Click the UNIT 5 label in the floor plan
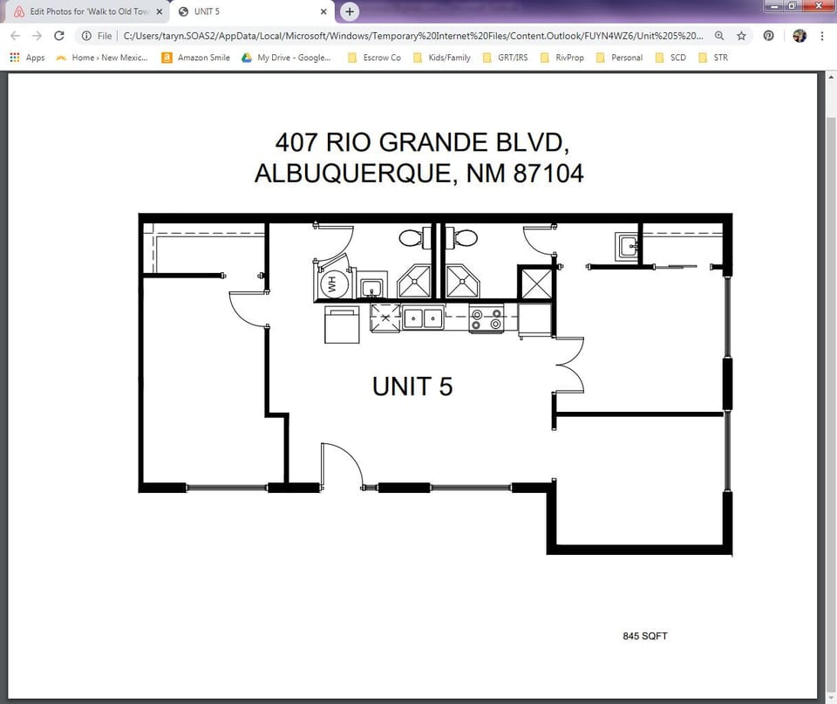coord(412,386)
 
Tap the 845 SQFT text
coord(645,636)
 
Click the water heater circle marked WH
coord(331,284)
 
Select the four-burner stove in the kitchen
coord(486,318)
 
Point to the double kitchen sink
coord(423,318)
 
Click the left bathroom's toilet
coord(412,237)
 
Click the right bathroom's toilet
coord(464,237)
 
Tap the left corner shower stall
coord(416,282)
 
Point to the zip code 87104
coord(548,174)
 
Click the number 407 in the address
coord(295,142)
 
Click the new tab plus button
coord(350,11)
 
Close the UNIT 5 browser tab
coord(323,11)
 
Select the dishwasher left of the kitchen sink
coord(385,318)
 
